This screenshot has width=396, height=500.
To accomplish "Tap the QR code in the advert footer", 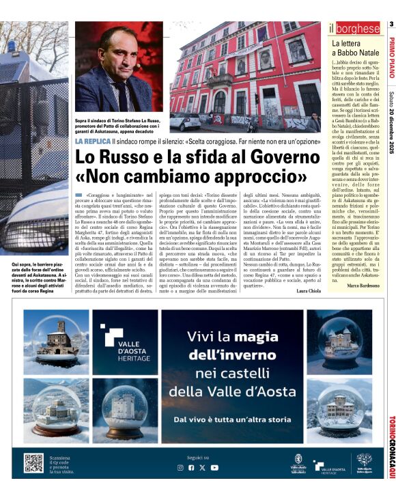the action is tap(33, 462).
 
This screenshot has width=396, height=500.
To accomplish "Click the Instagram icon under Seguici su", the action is tap(180, 467).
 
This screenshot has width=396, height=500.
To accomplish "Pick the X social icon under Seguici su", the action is tap(203, 467).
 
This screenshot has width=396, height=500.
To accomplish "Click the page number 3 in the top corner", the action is tap(391, 25).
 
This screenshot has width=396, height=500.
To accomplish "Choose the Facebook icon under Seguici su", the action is tap(191, 467).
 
